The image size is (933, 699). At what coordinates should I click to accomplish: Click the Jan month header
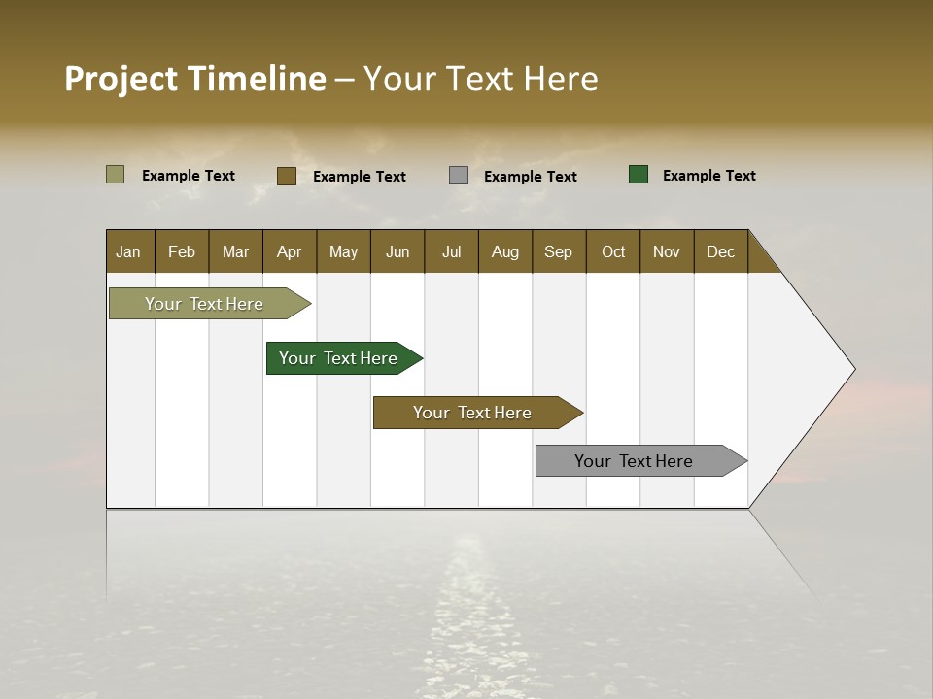(128, 251)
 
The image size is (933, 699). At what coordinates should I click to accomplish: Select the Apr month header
(289, 251)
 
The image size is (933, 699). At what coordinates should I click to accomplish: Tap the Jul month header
(451, 251)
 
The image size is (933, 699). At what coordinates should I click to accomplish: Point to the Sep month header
(558, 251)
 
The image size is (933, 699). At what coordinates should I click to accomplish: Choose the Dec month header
(720, 251)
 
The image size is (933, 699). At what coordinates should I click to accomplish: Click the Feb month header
(182, 251)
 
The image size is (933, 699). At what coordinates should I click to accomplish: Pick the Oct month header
(613, 251)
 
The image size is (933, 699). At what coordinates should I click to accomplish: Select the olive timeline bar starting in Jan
(204, 304)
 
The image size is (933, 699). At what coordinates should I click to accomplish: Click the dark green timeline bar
(338, 358)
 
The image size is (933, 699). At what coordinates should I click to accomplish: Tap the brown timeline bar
(472, 413)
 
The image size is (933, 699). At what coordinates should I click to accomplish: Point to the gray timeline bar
(634, 461)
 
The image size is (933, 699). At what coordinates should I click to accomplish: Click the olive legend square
(115, 175)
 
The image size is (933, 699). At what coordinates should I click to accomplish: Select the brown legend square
(286, 176)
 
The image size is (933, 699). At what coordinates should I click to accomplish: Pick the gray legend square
(459, 176)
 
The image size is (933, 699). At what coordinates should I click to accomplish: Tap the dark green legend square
(639, 175)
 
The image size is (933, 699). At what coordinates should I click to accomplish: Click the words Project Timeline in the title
(194, 79)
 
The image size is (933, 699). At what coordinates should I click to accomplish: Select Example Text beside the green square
(708, 176)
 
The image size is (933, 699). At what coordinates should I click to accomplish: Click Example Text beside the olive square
(188, 176)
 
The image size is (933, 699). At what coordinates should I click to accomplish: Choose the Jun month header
(397, 251)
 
